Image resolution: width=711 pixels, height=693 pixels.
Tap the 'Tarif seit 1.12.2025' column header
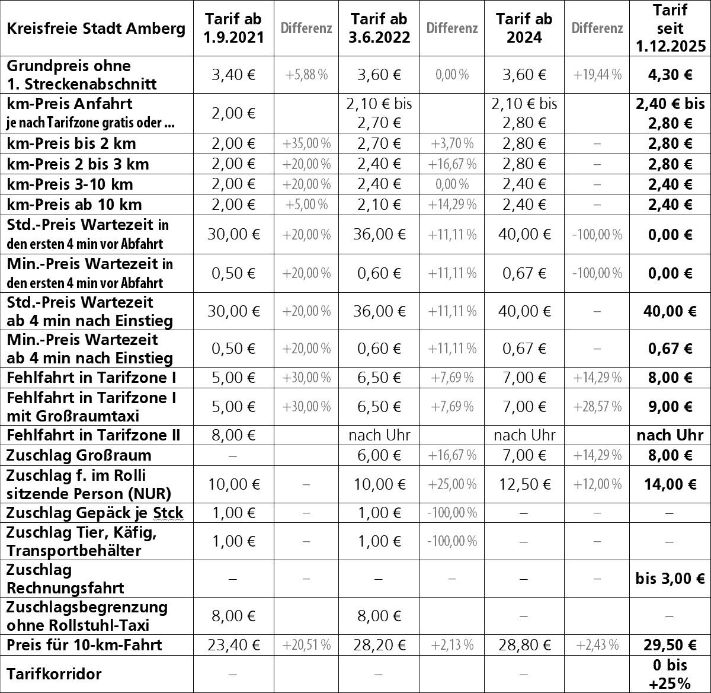[x=670, y=28]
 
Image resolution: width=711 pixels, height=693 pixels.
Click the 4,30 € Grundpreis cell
[x=670, y=75]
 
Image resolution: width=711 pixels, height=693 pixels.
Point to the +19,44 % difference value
[x=597, y=75]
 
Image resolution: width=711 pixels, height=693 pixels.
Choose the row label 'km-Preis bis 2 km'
[x=72, y=143]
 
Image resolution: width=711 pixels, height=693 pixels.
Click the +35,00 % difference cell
[x=306, y=143]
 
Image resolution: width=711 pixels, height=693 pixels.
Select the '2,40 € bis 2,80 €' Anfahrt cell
[x=670, y=114]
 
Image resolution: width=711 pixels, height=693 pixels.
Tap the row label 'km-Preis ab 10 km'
[x=75, y=205]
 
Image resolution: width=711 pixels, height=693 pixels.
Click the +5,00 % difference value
[x=306, y=205]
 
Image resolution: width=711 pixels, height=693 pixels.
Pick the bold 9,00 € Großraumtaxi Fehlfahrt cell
[x=670, y=407]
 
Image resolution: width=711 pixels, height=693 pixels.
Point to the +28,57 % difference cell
[x=597, y=407]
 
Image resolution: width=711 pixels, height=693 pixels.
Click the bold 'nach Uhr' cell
[x=670, y=436]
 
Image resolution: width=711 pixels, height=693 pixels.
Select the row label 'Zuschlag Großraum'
[x=79, y=455]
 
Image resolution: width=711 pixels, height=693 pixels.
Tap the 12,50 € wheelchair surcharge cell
[x=525, y=484]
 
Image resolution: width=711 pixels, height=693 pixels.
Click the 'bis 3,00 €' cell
[x=670, y=579]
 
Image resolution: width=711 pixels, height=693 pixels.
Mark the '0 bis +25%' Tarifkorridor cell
[x=670, y=674]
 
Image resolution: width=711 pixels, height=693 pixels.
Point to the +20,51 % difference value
[x=306, y=644]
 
